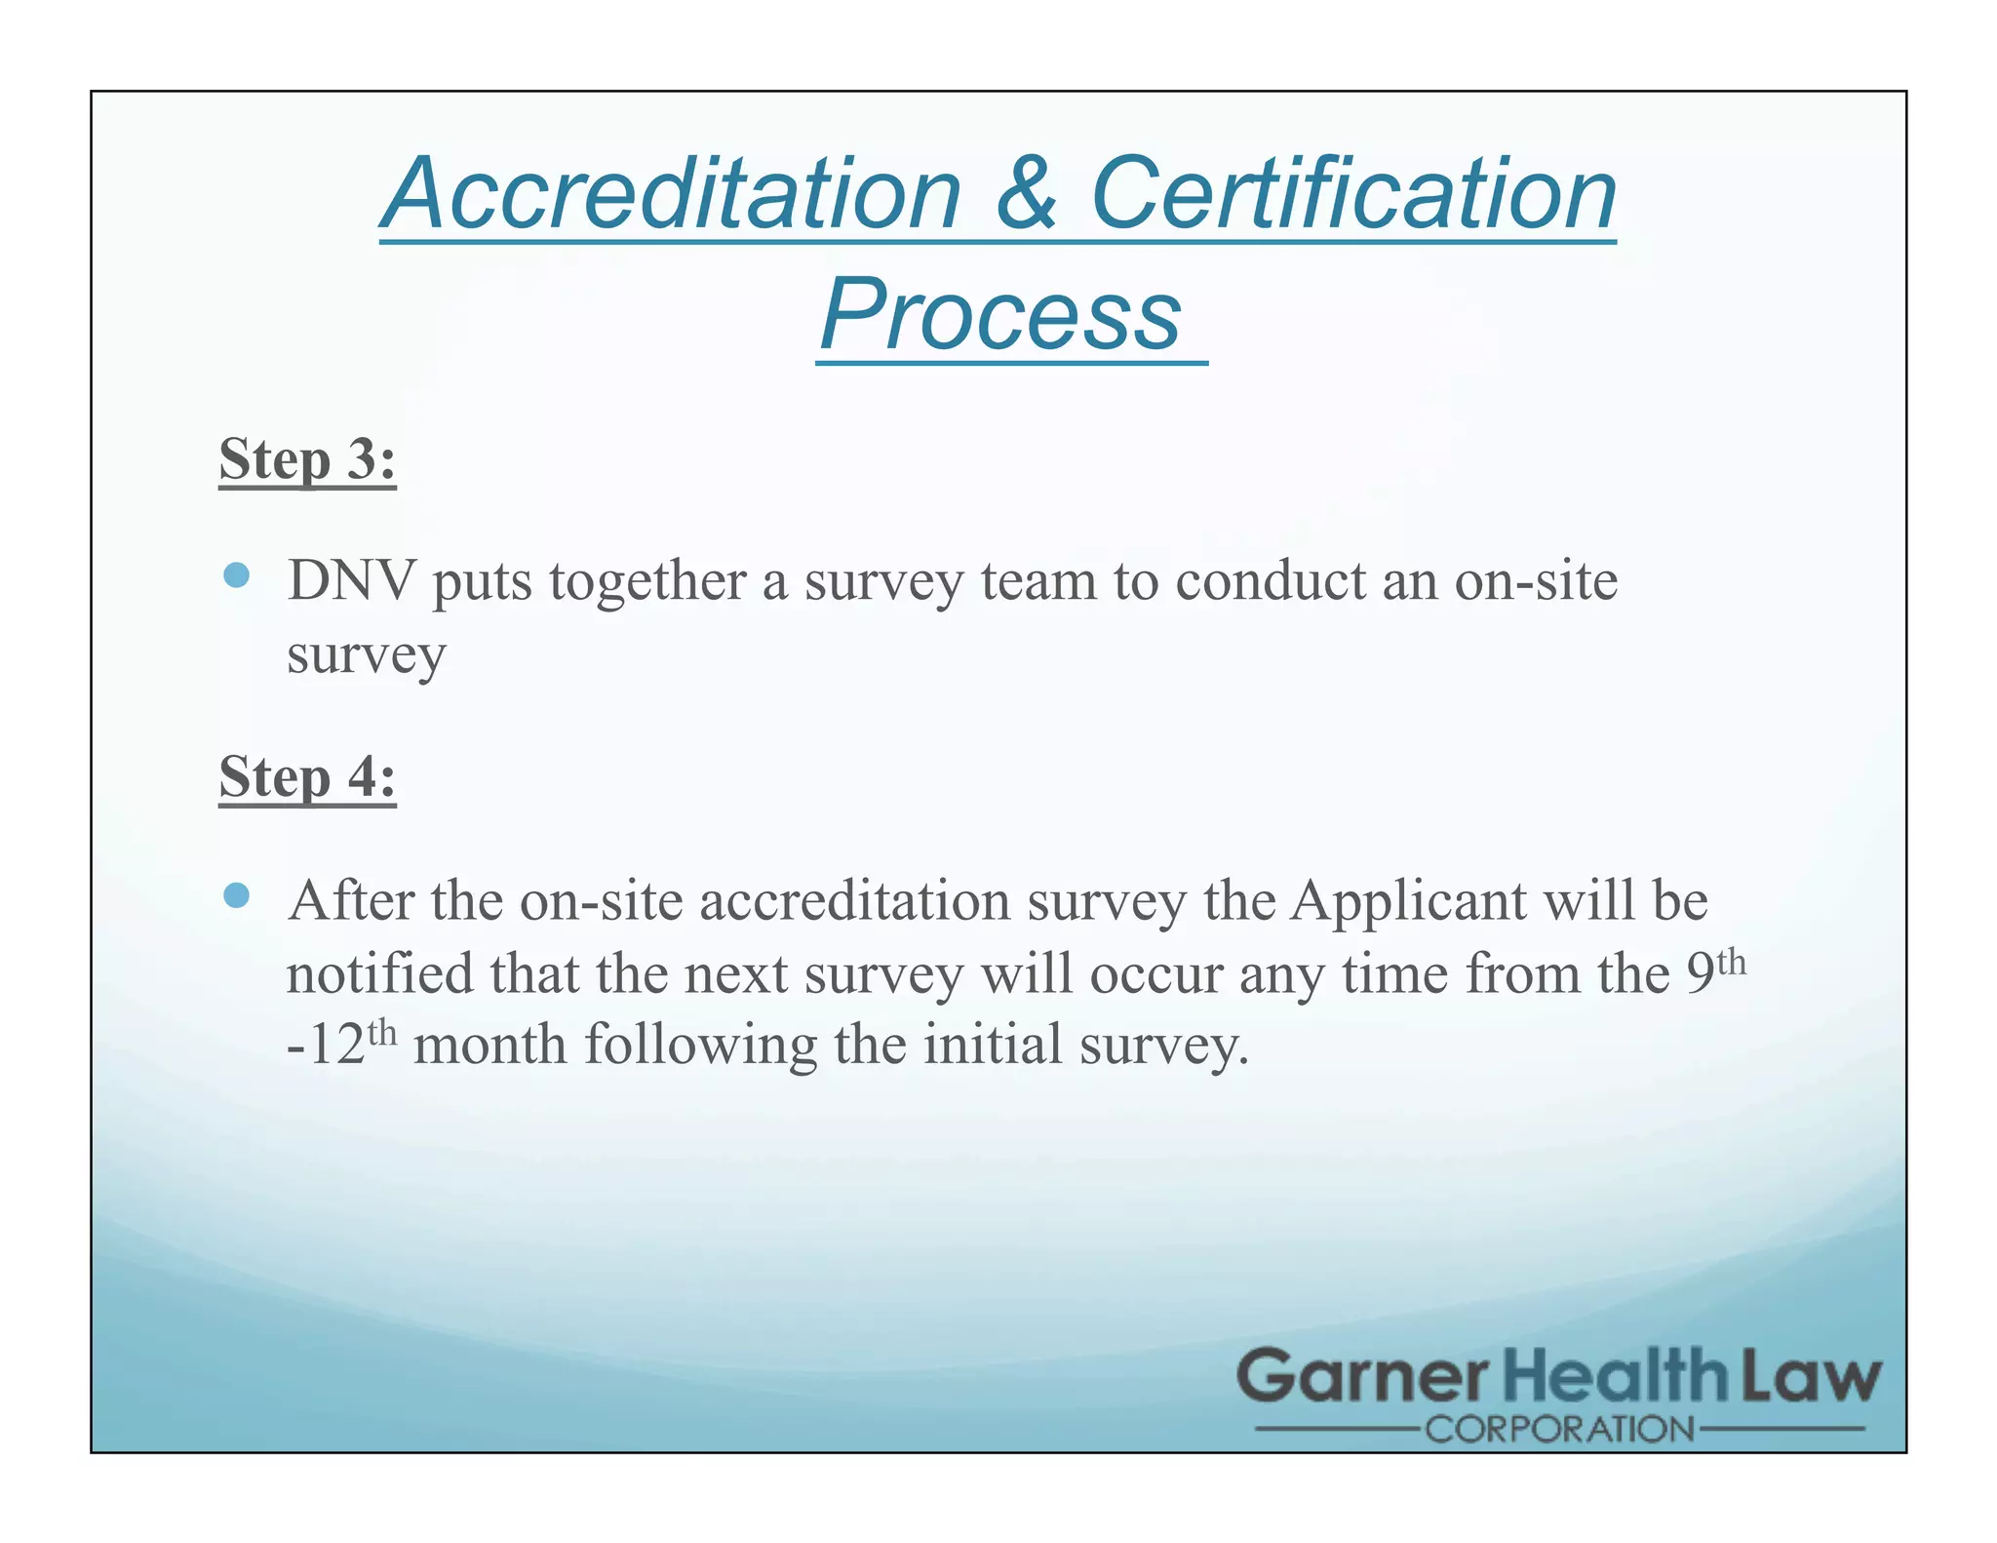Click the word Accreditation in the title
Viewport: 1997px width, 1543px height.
673,194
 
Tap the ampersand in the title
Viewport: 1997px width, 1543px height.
1026,194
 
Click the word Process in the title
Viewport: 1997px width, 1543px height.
1001,314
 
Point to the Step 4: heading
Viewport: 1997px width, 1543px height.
307,777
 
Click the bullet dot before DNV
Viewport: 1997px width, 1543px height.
236,574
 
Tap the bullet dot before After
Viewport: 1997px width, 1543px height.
236,894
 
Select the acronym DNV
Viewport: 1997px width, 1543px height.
352,581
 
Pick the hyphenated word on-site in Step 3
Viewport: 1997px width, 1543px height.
1536,581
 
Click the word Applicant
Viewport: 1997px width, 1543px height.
1408,900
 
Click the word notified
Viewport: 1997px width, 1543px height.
379,973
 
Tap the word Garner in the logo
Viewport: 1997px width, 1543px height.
1362,1377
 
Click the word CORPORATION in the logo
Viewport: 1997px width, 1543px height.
1559,1431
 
